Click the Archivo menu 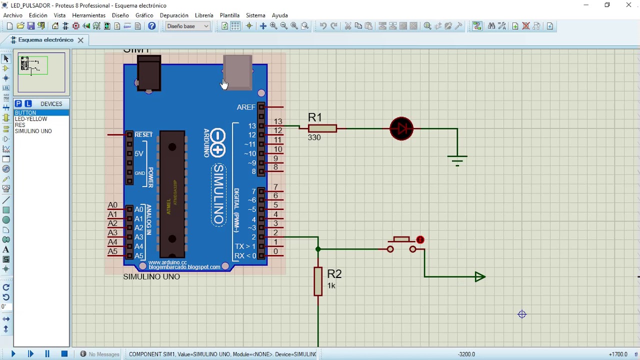point(13,15)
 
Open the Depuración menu point(174,15)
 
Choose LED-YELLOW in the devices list point(31,119)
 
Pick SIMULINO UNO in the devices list point(33,131)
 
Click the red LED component point(401,128)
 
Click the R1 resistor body point(322,128)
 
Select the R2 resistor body point(318,281)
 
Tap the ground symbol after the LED point(457,158)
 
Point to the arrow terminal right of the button point(479,276)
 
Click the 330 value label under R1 point(314,137)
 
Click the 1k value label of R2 point(331,285)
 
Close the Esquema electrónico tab point(80,40)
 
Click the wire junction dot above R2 point(318,249)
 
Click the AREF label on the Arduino point(246,107)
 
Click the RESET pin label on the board point(143,135)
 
